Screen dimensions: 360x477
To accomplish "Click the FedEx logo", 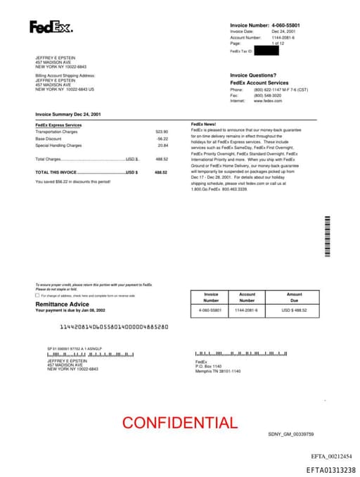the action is pyautogui.click(x=50, y=27).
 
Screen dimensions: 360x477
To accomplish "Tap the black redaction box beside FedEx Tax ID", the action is pyautogui.click(x=266, y=51).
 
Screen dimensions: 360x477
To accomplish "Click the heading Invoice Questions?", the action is pyautogui.click(x=253, y=75).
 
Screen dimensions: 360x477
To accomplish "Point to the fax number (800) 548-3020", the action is pyautogui.click(x=267, y=96).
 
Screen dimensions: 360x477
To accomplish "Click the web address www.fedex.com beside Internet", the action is pyautogui.click(x=268, y=101).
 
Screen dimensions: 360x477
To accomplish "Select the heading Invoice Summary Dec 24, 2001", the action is pyautogui.click(x=68, y=113).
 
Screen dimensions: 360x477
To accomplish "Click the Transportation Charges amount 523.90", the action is pyautogui.click(x=162, y=132).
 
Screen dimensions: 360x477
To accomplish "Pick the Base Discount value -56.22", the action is pyautogui.click(x=162, y=139).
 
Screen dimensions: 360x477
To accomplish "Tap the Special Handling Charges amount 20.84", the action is pyautogui.click(x=162, y=146).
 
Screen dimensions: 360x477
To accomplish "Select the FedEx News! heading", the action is pyautogui.click(x=204, y=124).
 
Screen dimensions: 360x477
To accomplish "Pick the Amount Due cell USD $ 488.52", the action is pyautogui.click(x=294, y=310).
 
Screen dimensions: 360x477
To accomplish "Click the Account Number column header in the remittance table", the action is pyautogui.click(x=247, y=298).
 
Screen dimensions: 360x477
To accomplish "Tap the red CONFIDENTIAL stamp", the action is pyautogui.click(x=180, y=423).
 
